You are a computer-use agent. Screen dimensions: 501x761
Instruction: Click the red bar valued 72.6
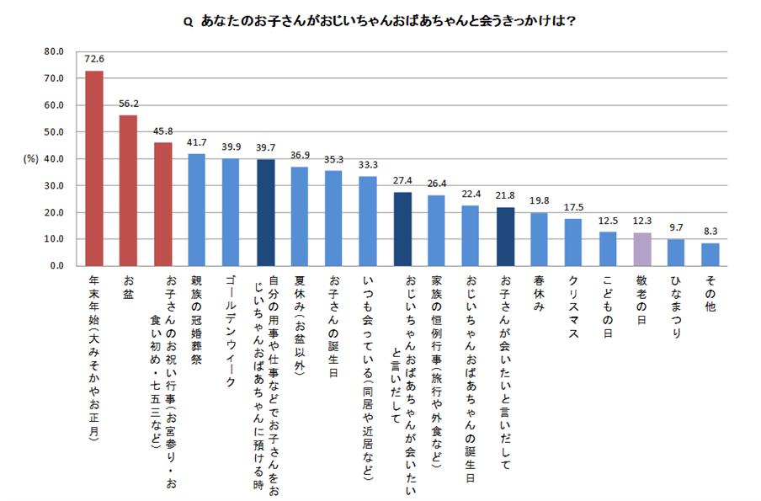[94, 168]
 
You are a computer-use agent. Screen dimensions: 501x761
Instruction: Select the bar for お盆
[128, 190]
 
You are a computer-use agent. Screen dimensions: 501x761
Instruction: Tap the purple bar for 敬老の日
[642, 249]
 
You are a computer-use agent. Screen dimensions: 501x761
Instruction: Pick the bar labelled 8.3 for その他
[710, 254]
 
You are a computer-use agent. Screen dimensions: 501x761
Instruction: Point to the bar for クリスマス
[573, 243]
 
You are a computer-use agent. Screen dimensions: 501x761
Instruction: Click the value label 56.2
[128, 104]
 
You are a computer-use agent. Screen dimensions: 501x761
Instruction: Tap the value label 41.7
[197, 143]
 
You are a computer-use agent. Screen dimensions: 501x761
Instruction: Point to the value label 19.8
[539, 202]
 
